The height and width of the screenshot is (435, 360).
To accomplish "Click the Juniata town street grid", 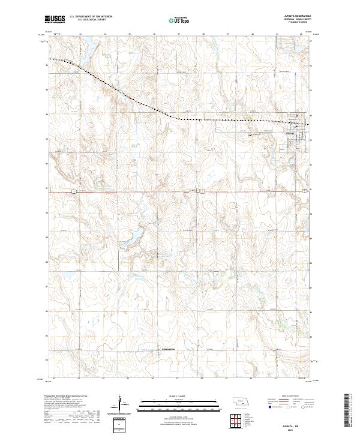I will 298,134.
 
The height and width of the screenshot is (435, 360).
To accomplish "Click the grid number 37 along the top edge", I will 179,34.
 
